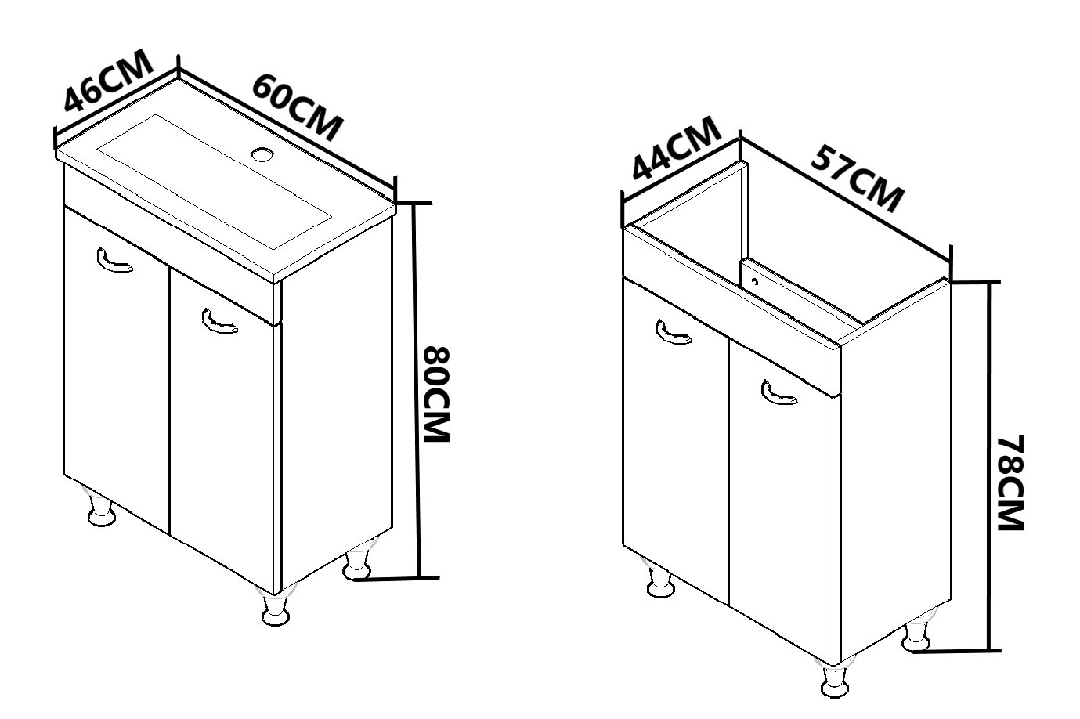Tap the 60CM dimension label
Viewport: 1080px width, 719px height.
[298, 107]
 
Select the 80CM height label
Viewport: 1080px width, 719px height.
[436, 394]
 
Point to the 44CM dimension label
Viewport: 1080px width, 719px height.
[676, 149]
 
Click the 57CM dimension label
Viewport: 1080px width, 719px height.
[858, 178]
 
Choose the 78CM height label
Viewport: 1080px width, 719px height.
[1010, 482]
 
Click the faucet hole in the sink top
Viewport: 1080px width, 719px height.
[262, 154]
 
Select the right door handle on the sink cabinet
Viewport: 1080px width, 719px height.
[219, 321]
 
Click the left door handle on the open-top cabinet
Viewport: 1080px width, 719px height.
[674, 333]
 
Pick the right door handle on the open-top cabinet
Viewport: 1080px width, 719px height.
[779, 392]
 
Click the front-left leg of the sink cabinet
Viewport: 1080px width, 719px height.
[101, 508]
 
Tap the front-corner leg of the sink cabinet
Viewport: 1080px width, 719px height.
[276, 606]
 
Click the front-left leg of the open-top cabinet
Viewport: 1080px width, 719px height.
[660, 579]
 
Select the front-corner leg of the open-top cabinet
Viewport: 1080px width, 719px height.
[836, 677]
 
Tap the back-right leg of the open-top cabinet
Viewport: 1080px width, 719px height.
[917, 632]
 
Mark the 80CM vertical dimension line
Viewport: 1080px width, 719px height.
[417, 390]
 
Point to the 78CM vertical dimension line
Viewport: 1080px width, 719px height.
[989, 467]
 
